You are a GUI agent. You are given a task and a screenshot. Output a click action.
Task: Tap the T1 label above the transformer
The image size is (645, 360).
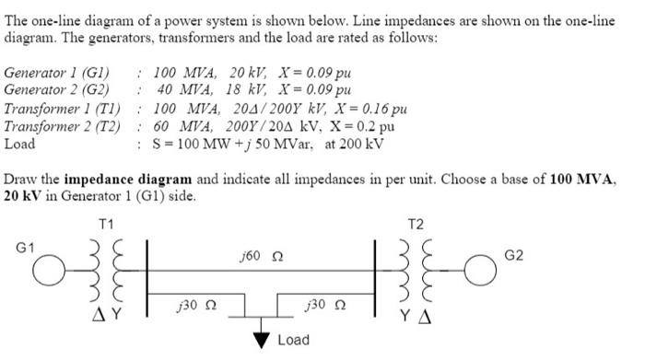pos(107,224)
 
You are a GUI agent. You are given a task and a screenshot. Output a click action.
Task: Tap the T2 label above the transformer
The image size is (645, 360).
pos(417,224)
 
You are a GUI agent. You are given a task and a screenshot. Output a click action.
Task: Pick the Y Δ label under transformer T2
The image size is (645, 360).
pos(417,322)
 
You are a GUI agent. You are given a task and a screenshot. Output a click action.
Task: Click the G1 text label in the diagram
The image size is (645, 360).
pos(24,249)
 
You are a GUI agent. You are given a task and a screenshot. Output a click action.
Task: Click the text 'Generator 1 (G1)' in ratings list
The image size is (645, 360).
pos(57,73)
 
